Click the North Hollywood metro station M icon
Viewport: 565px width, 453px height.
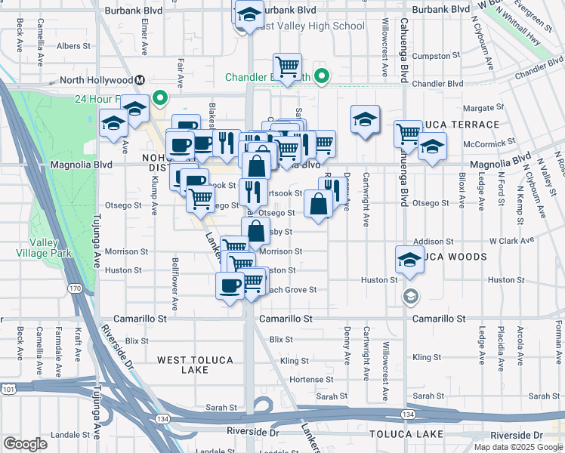pos(140,80)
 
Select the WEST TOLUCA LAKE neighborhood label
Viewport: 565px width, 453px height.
pos(195,365)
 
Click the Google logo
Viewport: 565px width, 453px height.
pos(25,444)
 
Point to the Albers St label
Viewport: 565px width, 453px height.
pos(74,46)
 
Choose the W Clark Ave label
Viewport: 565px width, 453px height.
pos(511,241)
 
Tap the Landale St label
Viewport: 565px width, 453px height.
pos(70,434)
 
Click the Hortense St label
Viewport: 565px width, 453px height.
pos(311,379)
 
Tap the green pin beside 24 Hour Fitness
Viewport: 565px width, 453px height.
pos(160,97)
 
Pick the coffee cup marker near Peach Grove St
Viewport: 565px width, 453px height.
pos(230,286)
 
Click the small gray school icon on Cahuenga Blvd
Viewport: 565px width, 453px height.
pos(410,294)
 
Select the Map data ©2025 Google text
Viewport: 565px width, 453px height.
pos(518,447)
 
